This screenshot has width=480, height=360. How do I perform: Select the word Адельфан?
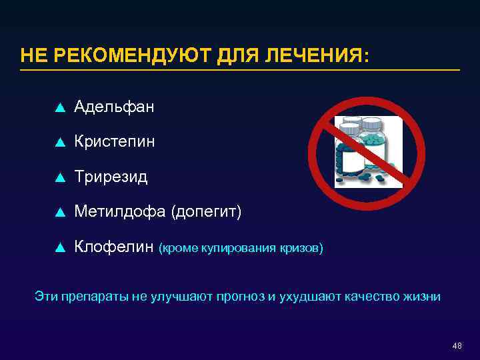pos(115,106)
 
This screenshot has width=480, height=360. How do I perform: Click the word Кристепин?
pos(115,141)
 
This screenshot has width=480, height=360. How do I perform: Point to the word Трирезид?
pos(111,177)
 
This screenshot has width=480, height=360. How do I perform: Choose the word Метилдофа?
pos(120,212)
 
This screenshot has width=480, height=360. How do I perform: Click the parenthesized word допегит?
pos(207,212)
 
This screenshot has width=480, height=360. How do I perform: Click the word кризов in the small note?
pos(301,249)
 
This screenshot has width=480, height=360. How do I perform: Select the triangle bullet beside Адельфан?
pos(59,107)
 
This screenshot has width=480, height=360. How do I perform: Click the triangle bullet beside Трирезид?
pos(59,177)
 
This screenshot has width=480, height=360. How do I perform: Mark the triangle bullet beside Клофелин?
pos(59,248)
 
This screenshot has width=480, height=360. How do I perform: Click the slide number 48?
pos(457,345)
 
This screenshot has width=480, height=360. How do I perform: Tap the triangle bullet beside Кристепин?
pos(59,142)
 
